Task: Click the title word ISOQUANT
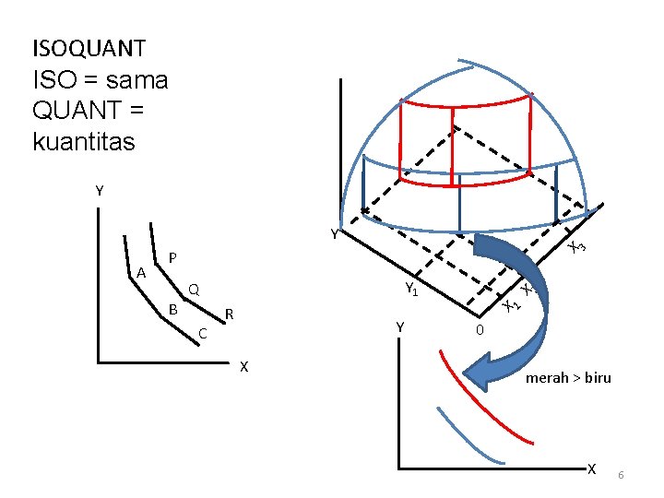coord(89,47)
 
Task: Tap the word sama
coord(137,80)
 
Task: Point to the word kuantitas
coord(83,142)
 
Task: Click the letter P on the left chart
coord(172,256)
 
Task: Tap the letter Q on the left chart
coord(194,290)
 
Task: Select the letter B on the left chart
coord(172,309)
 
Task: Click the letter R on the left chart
coord(230,315)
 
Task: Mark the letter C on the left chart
coord(204,333)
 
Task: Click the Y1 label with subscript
coord(412,290)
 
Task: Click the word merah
coord(546,377)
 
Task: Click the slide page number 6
coord(622,474)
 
